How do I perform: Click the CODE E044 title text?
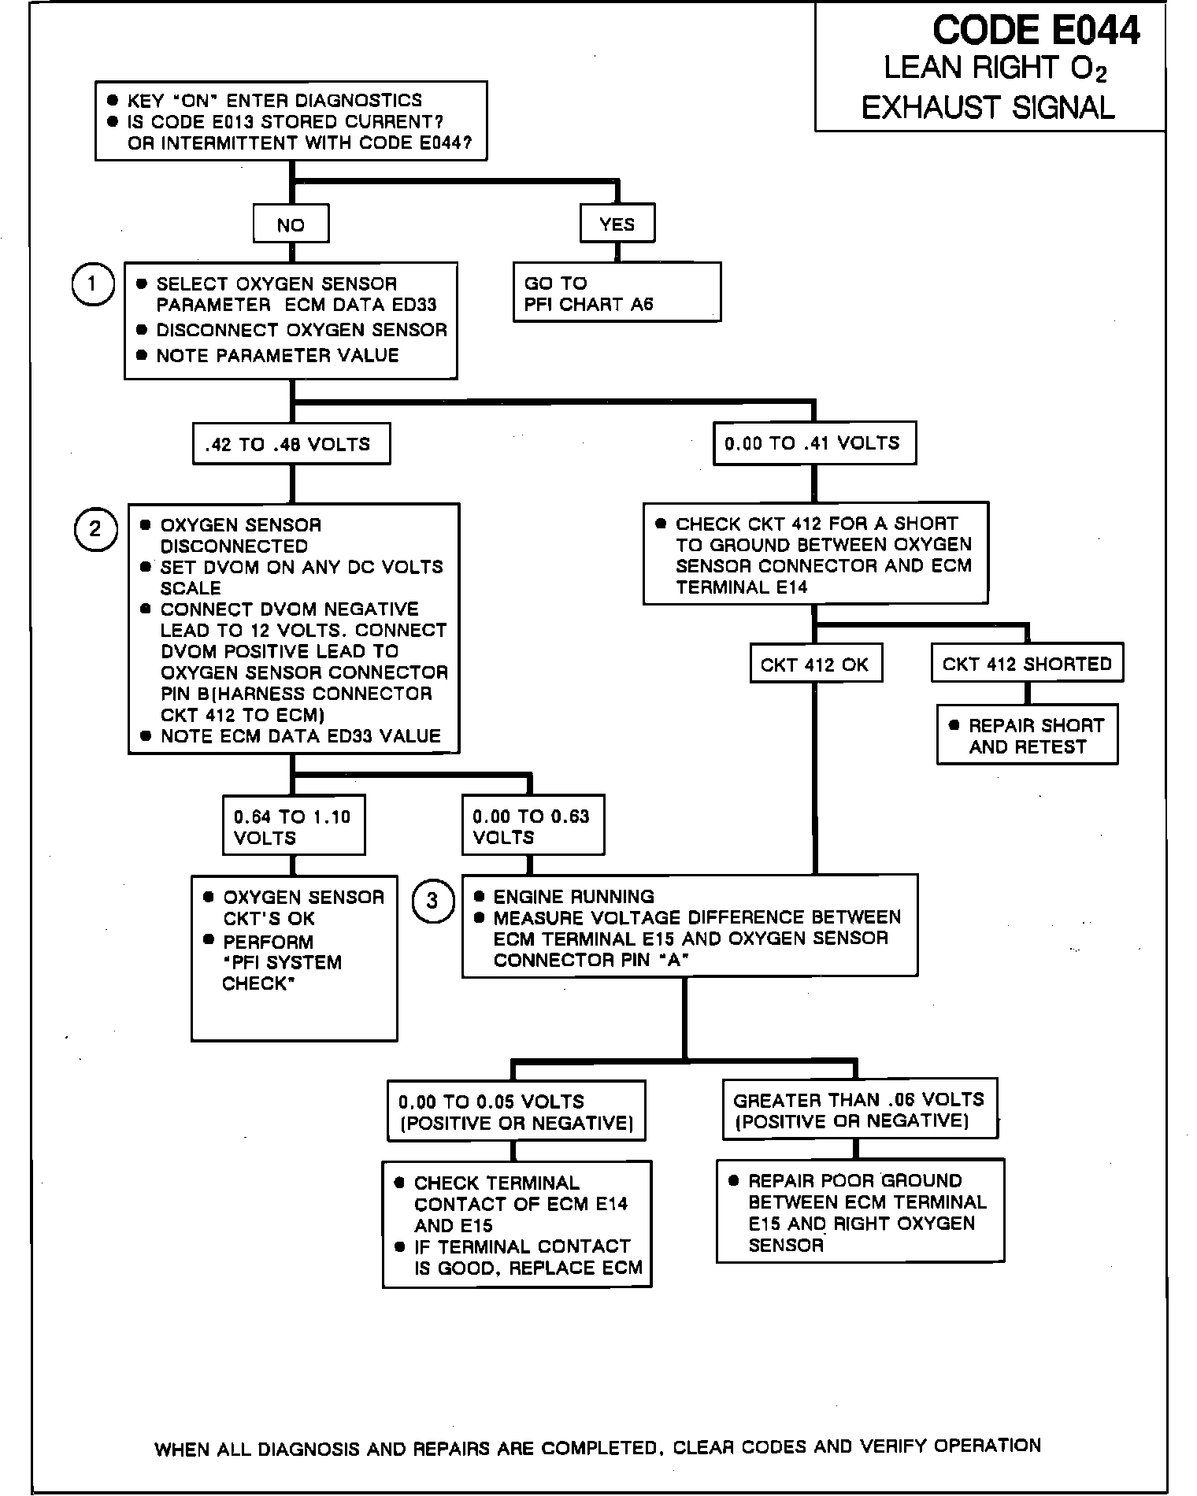coord(1035,31)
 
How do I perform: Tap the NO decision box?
coord(291,225)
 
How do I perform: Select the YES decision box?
coord(617,224)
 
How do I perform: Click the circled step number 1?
coord(92,283)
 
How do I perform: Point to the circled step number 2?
coord(95,528)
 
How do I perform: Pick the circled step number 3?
coord(432,900)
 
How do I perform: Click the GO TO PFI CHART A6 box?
coord(617,293)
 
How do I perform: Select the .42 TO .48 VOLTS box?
coord(291,444)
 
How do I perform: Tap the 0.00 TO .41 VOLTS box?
coord(813,443)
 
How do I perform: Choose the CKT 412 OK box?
coord(814,665)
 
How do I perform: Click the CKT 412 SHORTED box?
coord(1027,664)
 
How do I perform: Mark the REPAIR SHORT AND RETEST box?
coord(1027,735)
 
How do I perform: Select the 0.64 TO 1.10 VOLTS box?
coord(293,827)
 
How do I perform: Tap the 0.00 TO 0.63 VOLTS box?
coord(532,827)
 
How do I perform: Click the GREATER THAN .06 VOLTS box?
coord(859,1109)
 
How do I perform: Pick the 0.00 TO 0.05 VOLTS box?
coord(516,1111)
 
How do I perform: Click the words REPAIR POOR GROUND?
coord(855,1181)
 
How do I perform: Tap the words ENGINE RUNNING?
coord(573,897)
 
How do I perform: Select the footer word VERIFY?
coord(894,1446)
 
